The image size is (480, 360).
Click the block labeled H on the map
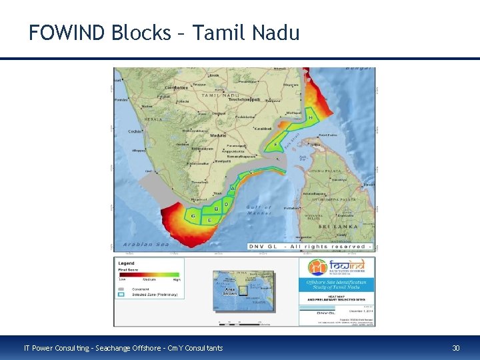point(311,117)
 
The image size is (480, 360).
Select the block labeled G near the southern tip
point(193,215)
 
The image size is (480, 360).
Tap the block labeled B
point(215,209)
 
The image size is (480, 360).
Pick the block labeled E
point(210,219)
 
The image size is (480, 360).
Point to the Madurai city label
point(219,135)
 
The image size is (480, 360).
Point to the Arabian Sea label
point(147,244)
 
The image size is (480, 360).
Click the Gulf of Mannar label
point(259,210)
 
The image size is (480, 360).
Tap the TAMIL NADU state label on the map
point(220,96)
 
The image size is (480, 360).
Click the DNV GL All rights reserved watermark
point(310,247)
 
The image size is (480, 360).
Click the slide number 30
point(456,348)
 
